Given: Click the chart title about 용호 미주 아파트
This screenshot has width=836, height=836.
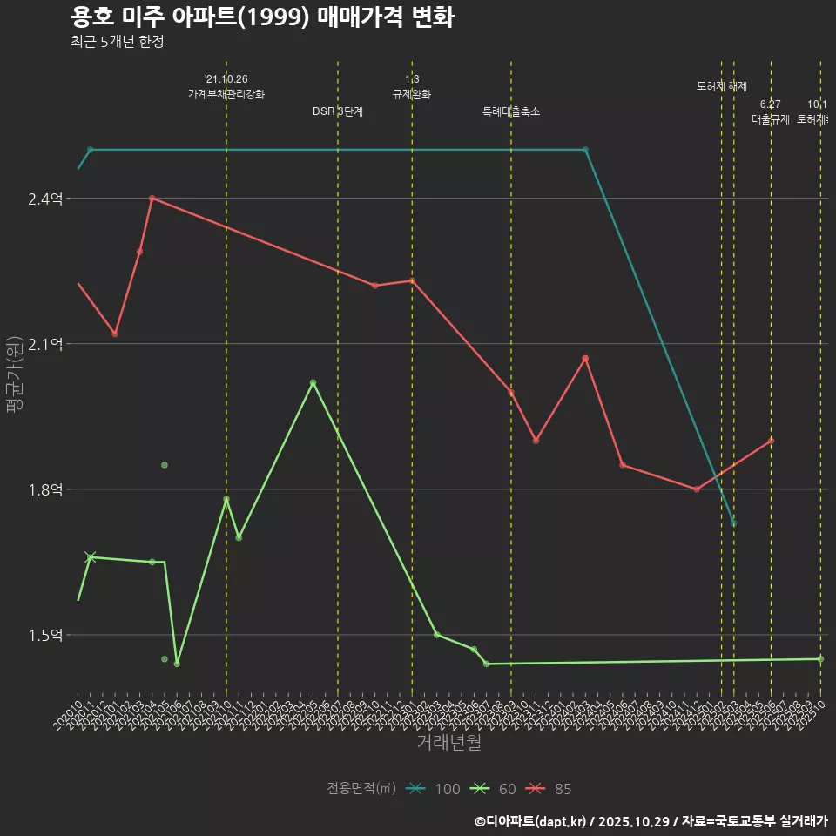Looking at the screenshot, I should click(x=261, y=17).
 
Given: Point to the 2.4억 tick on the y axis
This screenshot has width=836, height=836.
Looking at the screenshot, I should click(x=45, y=199).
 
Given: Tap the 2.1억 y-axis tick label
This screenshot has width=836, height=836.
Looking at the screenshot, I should click(x=45, y=344).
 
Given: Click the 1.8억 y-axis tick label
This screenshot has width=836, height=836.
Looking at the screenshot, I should click(x=45, y=489).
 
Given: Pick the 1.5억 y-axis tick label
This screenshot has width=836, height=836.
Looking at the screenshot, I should click(x=45, y=635).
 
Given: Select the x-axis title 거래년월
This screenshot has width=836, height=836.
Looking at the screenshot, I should click(x=448, y=743).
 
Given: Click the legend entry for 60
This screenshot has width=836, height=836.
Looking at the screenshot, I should click(x=493, y=789).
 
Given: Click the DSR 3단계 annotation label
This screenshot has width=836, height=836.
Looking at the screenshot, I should click(x=338, y=111).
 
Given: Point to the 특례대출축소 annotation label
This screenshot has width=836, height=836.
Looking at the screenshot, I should click(x=511, y=111).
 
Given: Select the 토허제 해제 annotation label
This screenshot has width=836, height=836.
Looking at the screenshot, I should click(x=722, y=86).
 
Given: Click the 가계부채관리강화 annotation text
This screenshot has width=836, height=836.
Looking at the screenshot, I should click(x=226, y=94).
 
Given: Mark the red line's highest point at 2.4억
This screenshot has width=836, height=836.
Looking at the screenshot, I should click(x=152, y=199).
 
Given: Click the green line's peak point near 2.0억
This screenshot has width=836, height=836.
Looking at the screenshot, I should click(x=313, y=382).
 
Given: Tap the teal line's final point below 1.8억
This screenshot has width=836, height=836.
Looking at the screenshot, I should click(x=734, y=522).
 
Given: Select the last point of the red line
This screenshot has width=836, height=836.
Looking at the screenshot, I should click(x=771, y=441).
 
